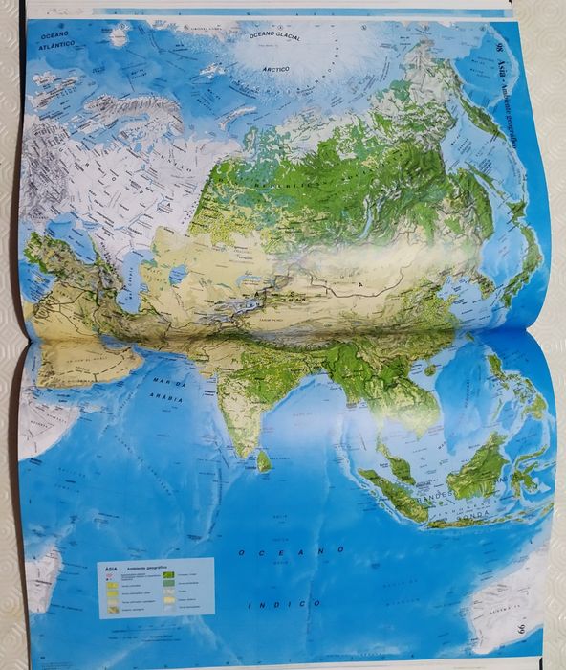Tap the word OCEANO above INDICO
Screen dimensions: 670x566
pos(291,550)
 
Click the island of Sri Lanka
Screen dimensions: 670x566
pos(262,461)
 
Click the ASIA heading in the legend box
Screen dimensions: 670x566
pos(111,567)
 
